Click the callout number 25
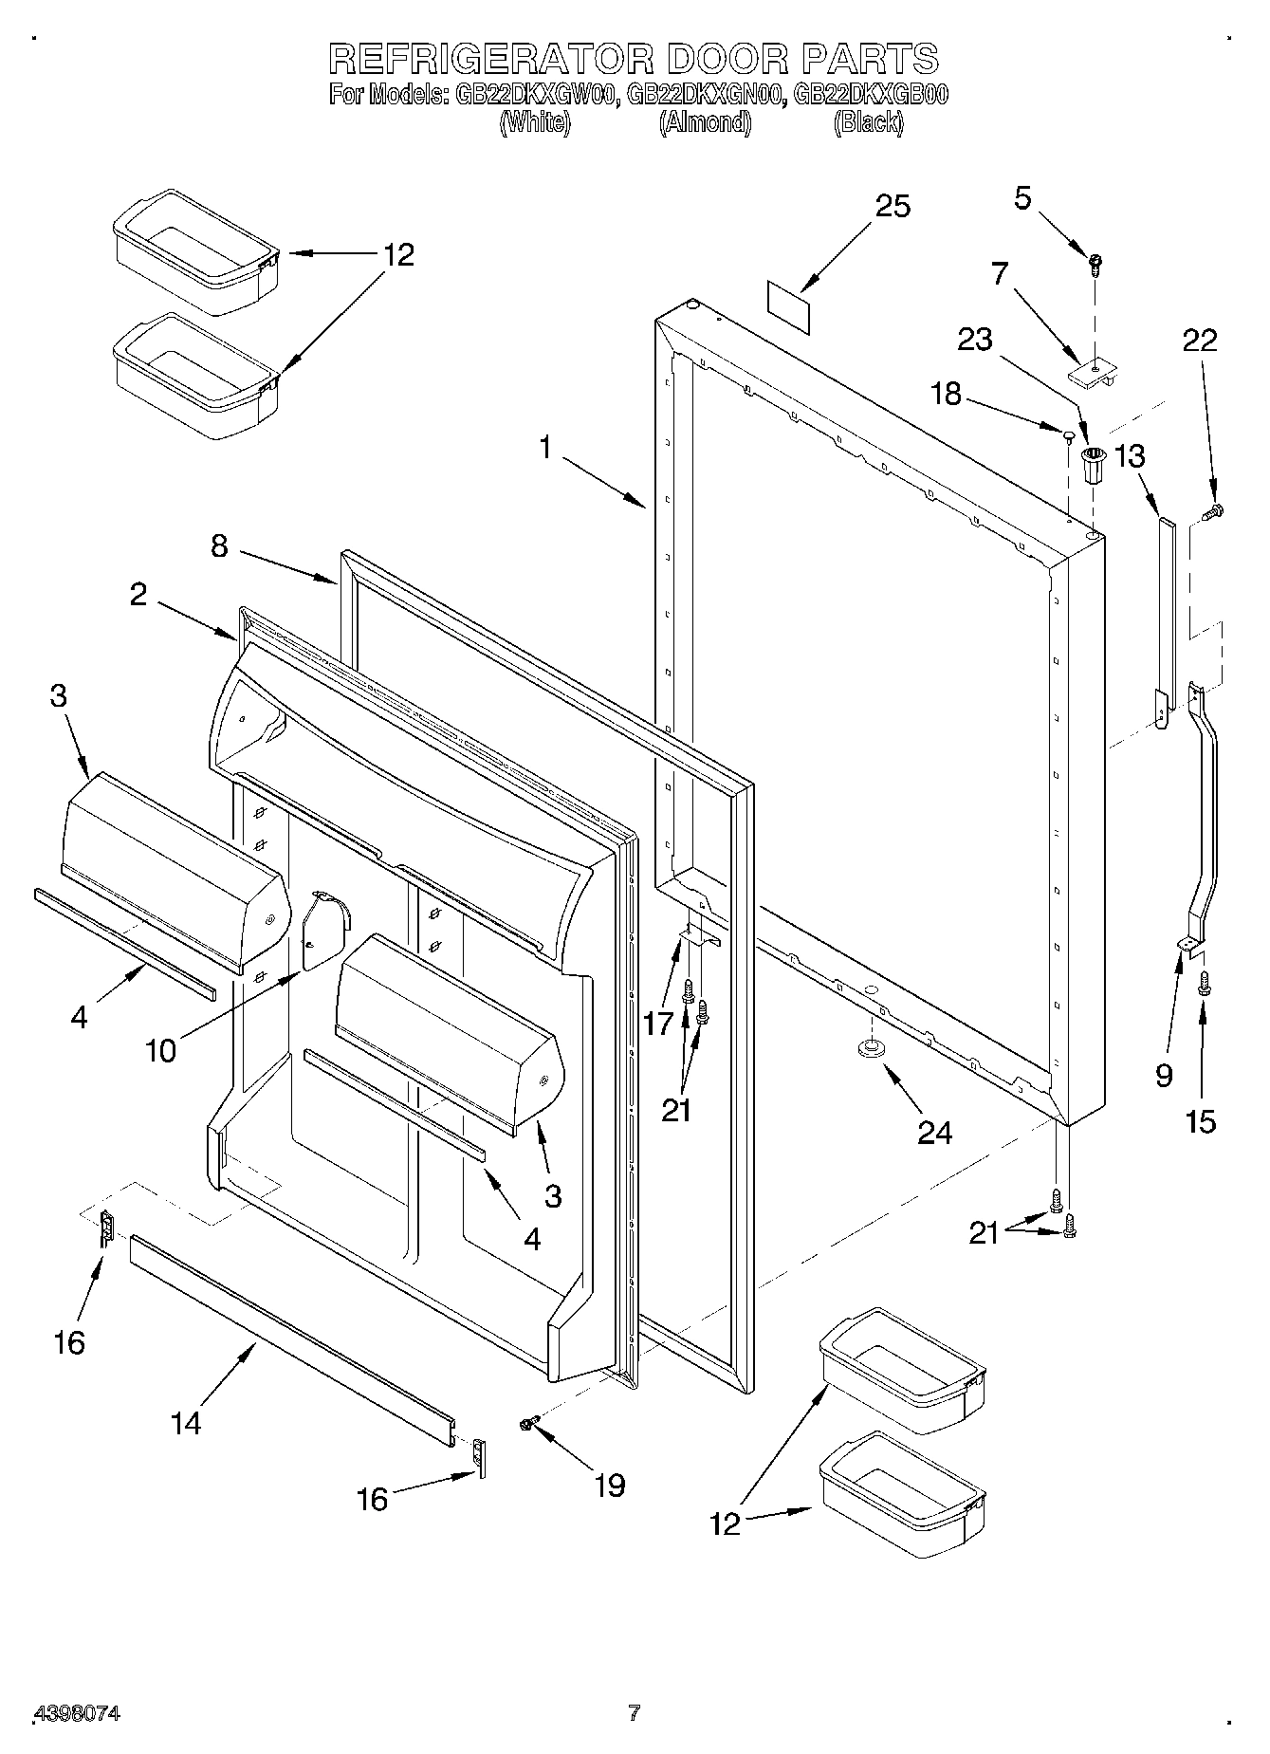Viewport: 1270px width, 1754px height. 893,206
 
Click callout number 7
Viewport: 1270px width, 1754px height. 999,274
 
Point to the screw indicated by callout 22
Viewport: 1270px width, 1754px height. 1213,513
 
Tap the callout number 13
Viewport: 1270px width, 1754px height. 1129,456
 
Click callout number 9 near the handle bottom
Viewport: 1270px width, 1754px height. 1164,1075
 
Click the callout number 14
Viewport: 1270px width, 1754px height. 187,1423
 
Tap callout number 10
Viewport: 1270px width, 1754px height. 160,1051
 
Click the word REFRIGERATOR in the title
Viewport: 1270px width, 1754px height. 491,59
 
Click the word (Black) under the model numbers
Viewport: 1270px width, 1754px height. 868,122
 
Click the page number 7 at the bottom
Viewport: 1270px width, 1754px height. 634,1712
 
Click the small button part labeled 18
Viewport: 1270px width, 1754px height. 1067,435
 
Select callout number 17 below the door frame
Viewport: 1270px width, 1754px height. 658,1023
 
